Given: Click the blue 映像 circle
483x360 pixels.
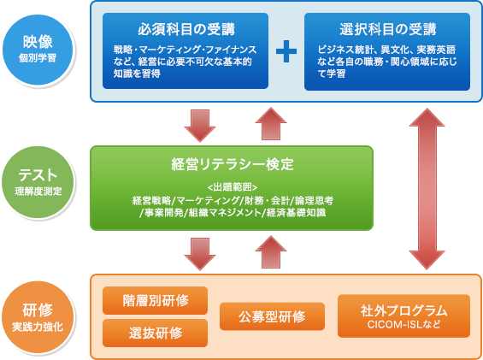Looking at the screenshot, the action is (38, 50).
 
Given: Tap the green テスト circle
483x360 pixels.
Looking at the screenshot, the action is (38, 182).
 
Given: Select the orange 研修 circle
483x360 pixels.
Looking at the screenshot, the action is (38, 317).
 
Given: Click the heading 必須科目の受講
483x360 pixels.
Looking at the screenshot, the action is (186, 29).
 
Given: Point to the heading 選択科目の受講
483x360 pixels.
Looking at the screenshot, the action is (388, 29).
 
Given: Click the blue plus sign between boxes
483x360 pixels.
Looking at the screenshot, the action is (286, 50).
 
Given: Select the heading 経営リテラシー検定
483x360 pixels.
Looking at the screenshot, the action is (233, 164).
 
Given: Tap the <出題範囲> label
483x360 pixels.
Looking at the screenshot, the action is (233, 187).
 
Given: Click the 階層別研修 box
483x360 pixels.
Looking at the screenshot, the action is (155, 300).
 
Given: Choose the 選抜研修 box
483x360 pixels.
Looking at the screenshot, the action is (155, 333).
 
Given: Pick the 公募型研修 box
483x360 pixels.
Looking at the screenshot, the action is (272, 316).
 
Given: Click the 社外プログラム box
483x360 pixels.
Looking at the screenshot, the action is (403, 316).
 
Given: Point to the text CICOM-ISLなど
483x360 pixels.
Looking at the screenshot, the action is (403, 325).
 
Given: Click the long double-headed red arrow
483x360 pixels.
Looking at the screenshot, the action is (427, 189).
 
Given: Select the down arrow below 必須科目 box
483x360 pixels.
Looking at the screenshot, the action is (200, 126).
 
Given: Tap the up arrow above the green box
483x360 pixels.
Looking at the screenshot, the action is (271, 124).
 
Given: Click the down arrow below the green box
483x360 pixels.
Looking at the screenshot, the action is (200, 254).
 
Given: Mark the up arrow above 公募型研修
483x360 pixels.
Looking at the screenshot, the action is (271, 252).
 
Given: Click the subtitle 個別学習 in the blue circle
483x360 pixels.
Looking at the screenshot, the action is (38, 58).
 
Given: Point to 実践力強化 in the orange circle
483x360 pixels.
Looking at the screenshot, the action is (38, 327).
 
